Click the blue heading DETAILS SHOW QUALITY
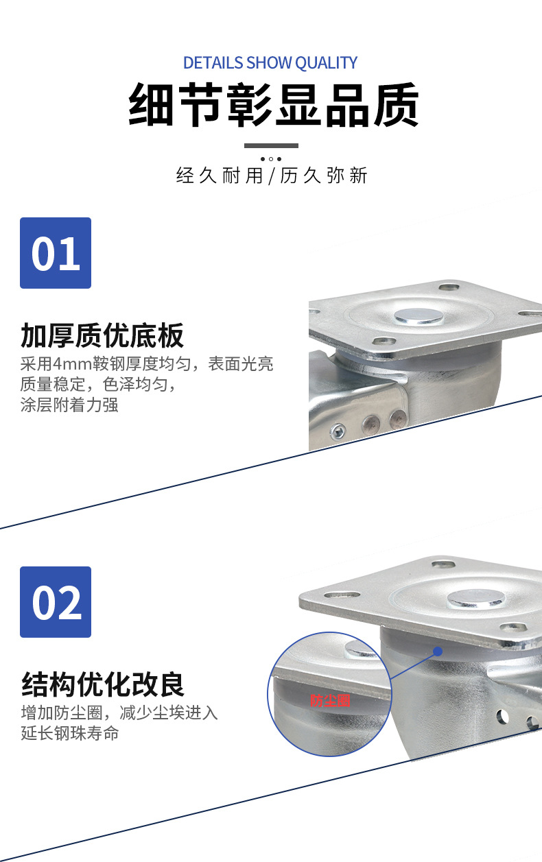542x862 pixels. [x=270, y=62]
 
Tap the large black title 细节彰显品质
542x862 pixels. [x=273, y=105]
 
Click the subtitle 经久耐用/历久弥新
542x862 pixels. [x=272, y=176]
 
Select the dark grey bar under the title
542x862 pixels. [x=272, y=145]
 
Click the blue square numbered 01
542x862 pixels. [x=56, y=253]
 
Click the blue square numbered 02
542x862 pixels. [x=56, y=602]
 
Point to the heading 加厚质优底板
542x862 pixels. [x=102, y=335]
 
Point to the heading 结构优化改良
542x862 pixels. [x=103, y=684]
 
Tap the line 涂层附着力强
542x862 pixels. [x=69, y=405]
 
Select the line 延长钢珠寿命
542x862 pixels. [x=70, y=733]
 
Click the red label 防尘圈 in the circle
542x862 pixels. [x=330, y=701]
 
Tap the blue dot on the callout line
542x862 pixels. [x=438, y=651]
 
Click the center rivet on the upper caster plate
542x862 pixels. [x=419, y=316]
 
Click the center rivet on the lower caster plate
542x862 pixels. [x=476, y=599]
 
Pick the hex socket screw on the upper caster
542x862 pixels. [x=338, y=431]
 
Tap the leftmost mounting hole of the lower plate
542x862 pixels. [x=341, y=595]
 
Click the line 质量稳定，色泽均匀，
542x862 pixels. [x=98, y=384]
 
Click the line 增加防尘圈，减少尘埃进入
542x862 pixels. [x=119, y=713]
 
